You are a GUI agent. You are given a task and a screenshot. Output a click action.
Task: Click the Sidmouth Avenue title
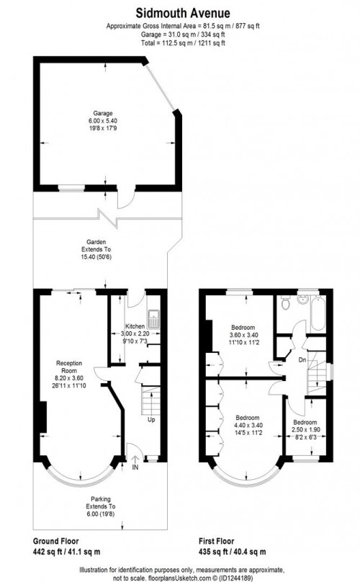(179, 12)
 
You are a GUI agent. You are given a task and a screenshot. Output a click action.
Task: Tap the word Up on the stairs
(151, 419)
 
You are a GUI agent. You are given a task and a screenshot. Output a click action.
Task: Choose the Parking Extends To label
(100, 503)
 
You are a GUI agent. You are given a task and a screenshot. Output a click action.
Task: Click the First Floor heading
(224, 540)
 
